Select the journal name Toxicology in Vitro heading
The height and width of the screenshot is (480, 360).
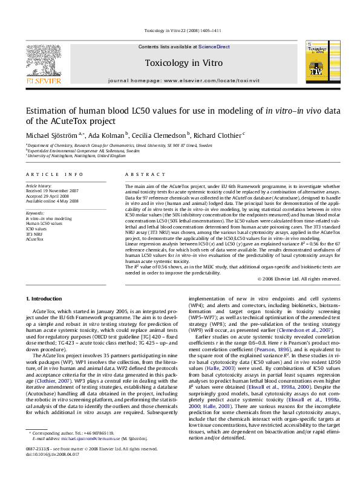(184, 63)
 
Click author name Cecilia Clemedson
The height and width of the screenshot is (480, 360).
(159, 134)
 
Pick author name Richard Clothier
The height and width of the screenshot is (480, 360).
(215, 134)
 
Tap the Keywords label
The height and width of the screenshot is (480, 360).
(35, 213)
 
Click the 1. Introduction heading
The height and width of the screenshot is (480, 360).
(45, 299)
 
